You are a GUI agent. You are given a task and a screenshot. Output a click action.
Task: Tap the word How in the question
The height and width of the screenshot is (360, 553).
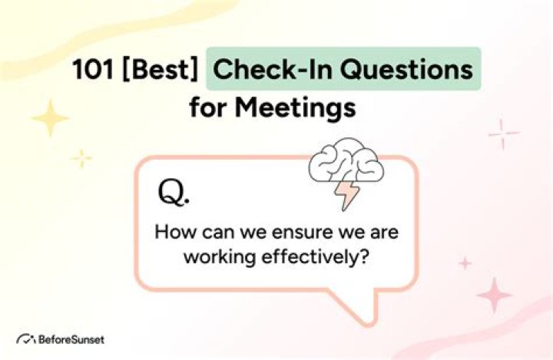click(x=171, y=232)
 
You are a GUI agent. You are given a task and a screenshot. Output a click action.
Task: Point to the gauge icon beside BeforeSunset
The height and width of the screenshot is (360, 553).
click(x=26, y=339)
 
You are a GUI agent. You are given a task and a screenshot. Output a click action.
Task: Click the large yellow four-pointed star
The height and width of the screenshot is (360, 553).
click(x=50, y=119)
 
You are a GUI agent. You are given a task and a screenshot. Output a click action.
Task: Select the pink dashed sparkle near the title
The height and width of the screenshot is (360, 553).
click(x=504, y=134)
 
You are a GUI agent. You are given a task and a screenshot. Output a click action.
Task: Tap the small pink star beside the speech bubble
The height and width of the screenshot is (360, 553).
click(x=465, y=263)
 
